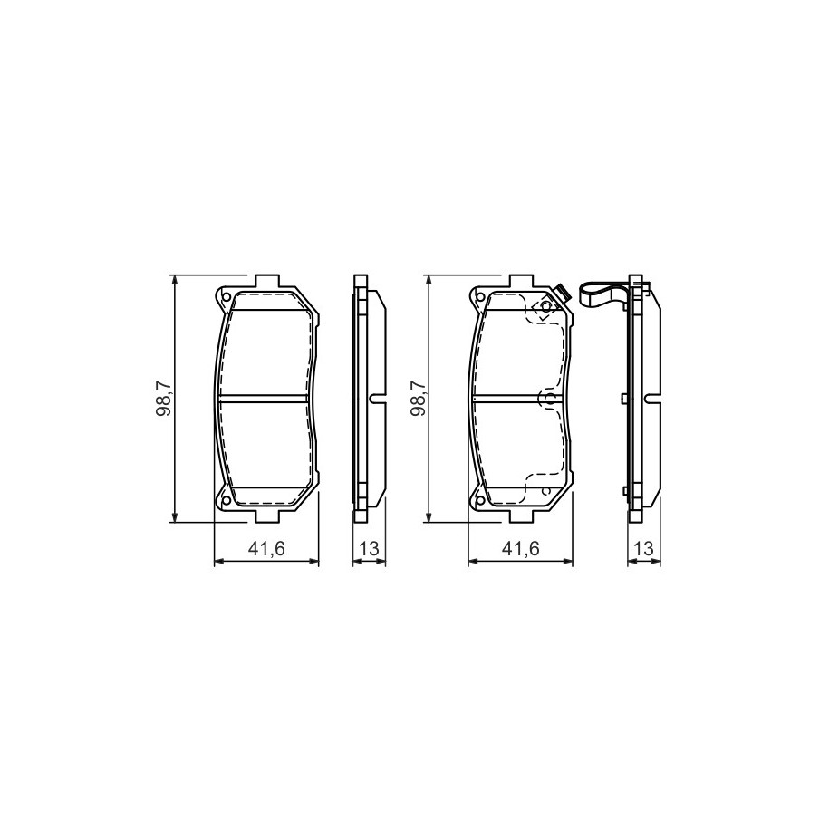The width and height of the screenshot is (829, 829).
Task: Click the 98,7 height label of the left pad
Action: click(164, 400)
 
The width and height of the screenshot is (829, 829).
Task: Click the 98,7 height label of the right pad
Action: click(419, 400)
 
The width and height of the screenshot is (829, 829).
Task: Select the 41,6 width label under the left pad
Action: click(266, 549)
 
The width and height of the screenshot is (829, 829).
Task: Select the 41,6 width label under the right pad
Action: click(520, 549)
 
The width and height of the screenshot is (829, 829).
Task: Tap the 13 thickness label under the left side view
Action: click(369, 549)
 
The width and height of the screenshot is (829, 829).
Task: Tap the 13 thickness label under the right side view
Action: click(643, 549)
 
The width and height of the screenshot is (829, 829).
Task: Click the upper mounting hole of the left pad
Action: click(226, 296)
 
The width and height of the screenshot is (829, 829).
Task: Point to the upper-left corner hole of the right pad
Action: click(479, 296)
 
